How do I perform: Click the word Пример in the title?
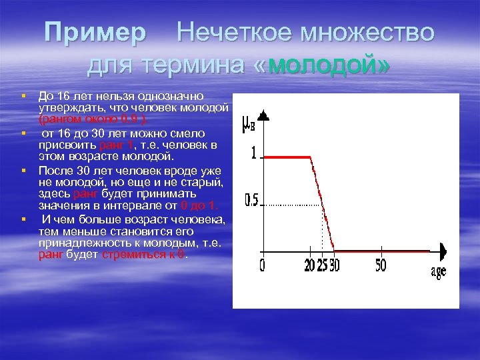pos(95,32)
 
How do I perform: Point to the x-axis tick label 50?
pos(380,265)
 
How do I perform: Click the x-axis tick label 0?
pos(262,265)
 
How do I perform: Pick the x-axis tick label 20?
pos(309,265)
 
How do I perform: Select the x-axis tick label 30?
pos(334,265)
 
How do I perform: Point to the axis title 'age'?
pos(438,272)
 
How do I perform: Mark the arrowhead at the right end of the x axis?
pos(442,251)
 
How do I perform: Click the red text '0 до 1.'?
pos(199,206)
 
